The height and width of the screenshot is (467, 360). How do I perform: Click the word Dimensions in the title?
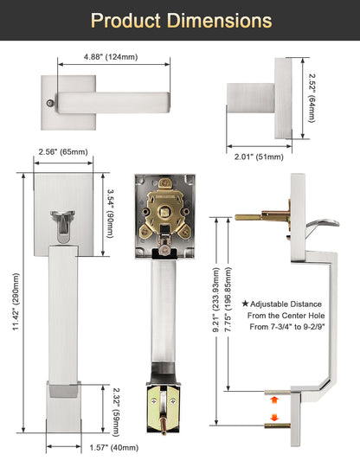click(219, 20)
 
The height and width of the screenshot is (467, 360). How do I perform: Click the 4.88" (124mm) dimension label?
click(111, 56)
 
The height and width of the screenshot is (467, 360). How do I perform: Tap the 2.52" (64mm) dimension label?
click(312, 98)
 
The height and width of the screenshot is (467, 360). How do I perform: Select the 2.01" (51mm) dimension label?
click(259, 157)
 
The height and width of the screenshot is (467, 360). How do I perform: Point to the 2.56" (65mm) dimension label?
click(63, 151)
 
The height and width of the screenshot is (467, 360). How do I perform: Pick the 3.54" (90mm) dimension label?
click(110, 214)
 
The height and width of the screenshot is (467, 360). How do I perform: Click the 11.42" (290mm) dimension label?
click(16, 302)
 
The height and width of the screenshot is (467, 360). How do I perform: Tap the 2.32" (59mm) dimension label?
click(116, 412)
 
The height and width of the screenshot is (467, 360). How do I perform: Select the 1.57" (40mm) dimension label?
click(114, 447)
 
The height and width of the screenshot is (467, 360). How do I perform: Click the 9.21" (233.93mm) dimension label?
click(215, 299)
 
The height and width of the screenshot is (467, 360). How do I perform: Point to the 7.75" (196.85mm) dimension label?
click(228, 299)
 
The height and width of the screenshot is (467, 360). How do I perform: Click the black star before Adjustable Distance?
click(245, 304)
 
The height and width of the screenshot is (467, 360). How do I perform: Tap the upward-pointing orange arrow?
click(274, 400)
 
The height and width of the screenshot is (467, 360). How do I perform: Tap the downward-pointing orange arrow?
click(274, 417)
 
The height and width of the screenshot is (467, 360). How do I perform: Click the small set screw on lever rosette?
click(50, 104)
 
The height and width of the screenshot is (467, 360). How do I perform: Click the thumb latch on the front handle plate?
click(63, 227)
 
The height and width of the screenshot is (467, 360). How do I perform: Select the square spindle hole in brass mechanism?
click(164, 213)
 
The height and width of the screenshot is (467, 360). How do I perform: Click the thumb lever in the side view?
click(323, 227)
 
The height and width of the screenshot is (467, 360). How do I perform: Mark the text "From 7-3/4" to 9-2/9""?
click(287, 327)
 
